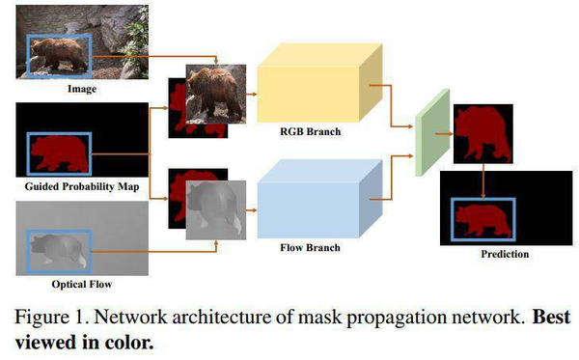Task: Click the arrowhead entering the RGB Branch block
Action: point(254,95)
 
